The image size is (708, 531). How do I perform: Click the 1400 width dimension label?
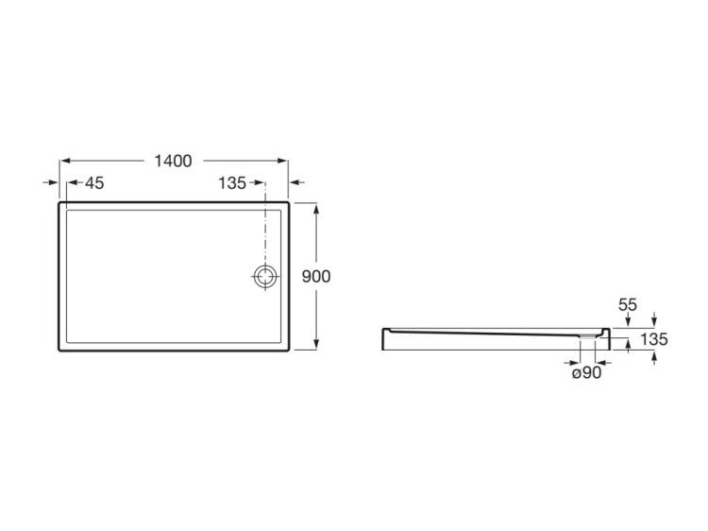(x=173, y=161)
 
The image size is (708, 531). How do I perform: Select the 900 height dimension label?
(x=316, y=276)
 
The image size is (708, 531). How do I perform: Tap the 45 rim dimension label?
(x=94, y=183)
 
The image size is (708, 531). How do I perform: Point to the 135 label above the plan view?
(x=232, y=183)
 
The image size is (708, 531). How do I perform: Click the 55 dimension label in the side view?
(x=628, y=305)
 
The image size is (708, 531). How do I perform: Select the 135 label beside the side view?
(x=654, y=339)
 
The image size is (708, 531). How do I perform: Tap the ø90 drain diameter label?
(x=586, y=373)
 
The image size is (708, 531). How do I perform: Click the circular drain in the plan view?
(x=265, y=276)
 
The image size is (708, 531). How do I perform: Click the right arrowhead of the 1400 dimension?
(x=282, y=161)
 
